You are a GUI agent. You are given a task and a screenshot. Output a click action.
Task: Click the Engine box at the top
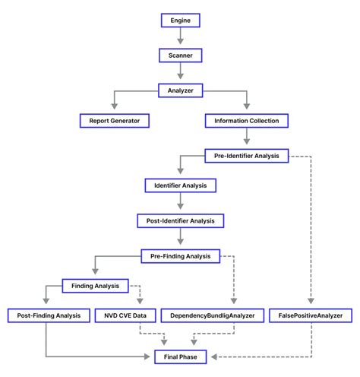pyautogui.click(x=180, y=20)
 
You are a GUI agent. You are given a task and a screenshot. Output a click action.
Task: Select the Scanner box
pyautogui.click(x=180, y=55)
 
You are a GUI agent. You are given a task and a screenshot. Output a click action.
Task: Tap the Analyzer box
pyautogui.click(x=180, y=90)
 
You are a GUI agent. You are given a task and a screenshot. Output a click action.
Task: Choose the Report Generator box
pyautogui.click(x=114, y=120)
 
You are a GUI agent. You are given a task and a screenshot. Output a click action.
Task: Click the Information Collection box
pyautogui.click(x=247, y=120)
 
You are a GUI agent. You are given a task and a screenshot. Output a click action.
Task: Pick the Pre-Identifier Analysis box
pyautogui.click(x=247, y=156)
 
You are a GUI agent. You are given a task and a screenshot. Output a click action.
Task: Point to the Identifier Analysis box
pyautogui.click(x=180, y=185)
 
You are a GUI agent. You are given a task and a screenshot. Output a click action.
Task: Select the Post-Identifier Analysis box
pyautogui.click(x=180, y=220)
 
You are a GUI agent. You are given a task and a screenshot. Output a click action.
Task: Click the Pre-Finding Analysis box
pyautogui.click(x=180, y=255)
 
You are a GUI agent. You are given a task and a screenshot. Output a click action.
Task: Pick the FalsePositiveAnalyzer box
pyautogui.click(x=311, y=315)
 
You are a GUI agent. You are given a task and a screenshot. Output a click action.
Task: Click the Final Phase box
pyautogui.click(x=180, y=356)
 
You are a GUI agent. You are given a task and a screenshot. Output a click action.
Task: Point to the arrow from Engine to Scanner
pyautogui.click(x=180, y=37)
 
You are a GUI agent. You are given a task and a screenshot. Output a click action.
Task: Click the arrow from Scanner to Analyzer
pyautogui.click(x=180, y=72)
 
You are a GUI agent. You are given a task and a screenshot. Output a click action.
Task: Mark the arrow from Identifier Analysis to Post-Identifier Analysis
pyautogui.click(x=180, y=202)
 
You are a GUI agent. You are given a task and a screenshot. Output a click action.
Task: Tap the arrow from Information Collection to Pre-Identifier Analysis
pyautogui.click(x=247, y=138)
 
